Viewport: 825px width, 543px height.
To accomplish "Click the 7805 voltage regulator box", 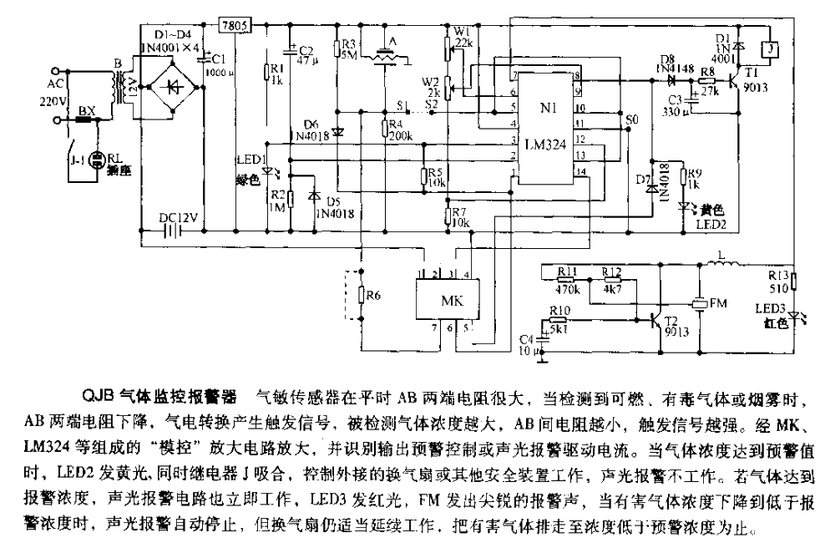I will [x=233, y=26].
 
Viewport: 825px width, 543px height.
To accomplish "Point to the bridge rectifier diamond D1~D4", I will [x=172, y=86].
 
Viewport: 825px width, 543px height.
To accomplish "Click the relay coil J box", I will [x=773, y=51].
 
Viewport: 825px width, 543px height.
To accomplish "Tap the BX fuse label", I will [x=86, y=109].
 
